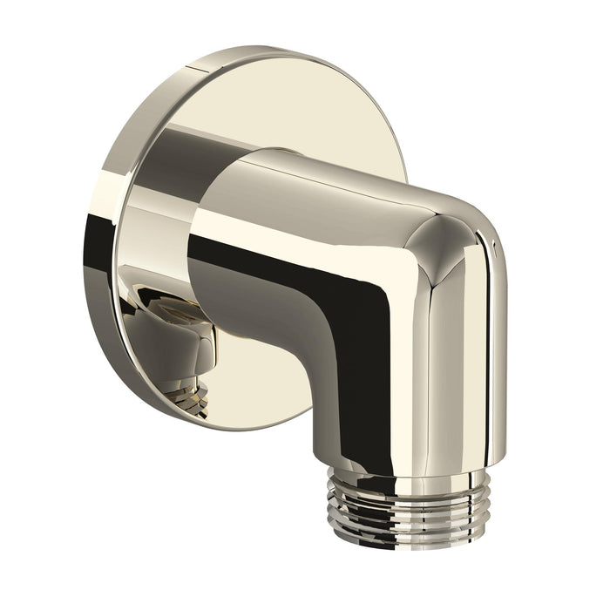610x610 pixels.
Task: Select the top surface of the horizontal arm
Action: pos(349,179)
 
